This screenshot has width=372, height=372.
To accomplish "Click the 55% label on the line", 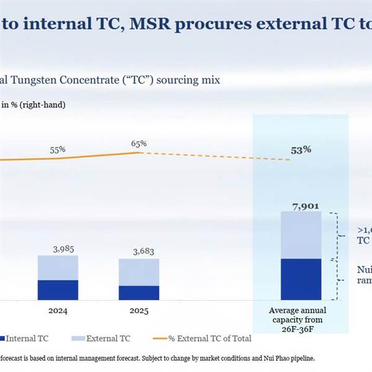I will tap(58, 150).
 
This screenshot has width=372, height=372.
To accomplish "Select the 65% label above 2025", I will tap(139, 143).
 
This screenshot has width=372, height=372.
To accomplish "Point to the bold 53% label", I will tap(301, 150).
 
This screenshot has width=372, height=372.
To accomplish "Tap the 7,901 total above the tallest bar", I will tap(301, 205).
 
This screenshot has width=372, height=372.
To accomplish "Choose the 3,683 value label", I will tap(139, 252).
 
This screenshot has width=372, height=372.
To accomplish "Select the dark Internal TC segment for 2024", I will tap(58, 290).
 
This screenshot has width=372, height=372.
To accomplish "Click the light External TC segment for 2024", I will tap(58, 267).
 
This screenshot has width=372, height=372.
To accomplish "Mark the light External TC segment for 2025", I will tap(139, 272).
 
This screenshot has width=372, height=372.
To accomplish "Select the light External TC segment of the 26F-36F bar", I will tap(301, 234).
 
